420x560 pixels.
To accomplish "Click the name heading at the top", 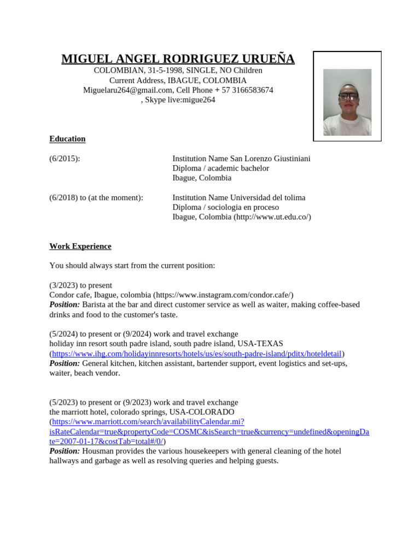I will [178, 59].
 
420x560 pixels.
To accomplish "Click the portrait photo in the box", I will [347, 102].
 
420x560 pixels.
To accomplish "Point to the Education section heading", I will [67, 139].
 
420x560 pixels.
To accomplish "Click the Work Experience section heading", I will [80, 247].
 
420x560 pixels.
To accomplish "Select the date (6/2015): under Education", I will [65, 159].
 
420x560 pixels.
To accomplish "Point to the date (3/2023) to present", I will [80, 285].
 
